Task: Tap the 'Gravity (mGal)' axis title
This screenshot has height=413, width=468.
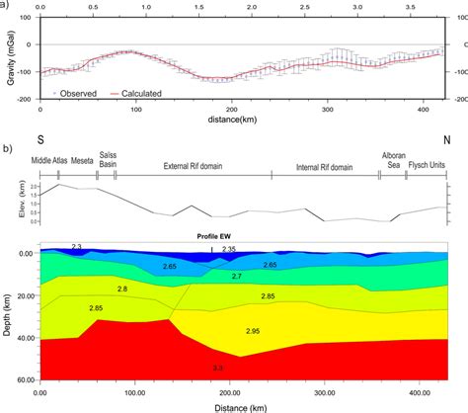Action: coord(10,59)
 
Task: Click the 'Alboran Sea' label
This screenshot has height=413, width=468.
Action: coord(392,160)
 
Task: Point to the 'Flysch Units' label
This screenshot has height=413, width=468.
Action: coord(428,167)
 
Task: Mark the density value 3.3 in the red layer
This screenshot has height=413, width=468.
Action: coord(216,368)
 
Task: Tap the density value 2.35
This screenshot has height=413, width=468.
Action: coord(228,249)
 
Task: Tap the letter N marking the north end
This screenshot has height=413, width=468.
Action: coord(446,140)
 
